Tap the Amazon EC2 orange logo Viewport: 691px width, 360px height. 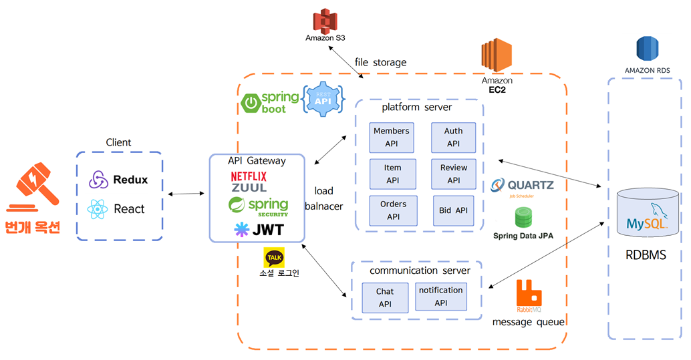tap(496, 57)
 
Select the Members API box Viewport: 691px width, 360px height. tap(392, 137)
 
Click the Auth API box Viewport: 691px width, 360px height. tap(454, 137)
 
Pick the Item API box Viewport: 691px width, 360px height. tap(393, 173)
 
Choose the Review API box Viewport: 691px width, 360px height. tap(454, 173)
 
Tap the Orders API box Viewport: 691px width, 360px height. tap(393, 210)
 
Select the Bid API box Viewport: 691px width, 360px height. tap(454, 210)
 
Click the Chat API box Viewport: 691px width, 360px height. tap(385, 298)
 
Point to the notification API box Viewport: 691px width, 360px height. tap(440, 297)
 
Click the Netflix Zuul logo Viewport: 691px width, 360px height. tap(249, 182)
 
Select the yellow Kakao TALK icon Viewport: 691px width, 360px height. tap(275, 257)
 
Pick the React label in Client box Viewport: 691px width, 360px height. tap(129, 209)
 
